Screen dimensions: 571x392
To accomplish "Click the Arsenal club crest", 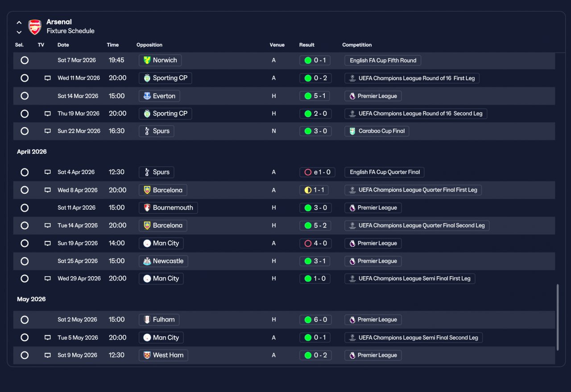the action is [x=35, y=27].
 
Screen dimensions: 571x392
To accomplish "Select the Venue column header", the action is [x=277, y=45].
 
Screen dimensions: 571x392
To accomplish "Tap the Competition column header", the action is [x=356, y=45].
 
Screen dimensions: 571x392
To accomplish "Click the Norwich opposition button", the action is [x=160, y=60].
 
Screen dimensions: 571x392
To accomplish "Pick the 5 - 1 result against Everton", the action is [x=314, y=96].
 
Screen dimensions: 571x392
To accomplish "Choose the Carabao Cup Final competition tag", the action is [x=377, y=131].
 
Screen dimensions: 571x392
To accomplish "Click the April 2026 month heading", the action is [x=32, y=152].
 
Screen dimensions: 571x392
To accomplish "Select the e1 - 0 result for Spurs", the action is [x=317, y=172].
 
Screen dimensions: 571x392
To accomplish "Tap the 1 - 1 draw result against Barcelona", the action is [x=314, y=190].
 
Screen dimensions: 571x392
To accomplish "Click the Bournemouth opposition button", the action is [x=168, y=208].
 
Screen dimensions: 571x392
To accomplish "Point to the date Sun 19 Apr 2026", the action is [x=78, y=243].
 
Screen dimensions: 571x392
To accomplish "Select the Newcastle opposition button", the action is [x=163, y=261].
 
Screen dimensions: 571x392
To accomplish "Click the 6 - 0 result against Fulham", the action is [x=315, y=319].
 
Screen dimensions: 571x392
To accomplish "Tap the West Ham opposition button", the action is [x=163, y=355].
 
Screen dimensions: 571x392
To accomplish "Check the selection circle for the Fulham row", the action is [x=25, y=320].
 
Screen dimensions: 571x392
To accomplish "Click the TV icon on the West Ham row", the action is [x=47, y=355].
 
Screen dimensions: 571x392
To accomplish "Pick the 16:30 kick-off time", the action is [x=116, y=131].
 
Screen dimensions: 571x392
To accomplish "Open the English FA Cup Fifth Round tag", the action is [x=383, y=60].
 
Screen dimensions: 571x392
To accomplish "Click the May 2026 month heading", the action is [x=31, y=299].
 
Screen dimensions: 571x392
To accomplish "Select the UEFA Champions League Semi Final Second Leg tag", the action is [x=414, y=338].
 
